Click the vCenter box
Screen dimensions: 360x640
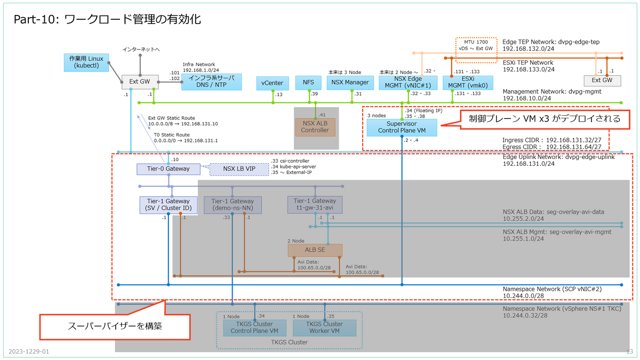coord(273,83)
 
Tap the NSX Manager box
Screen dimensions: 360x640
coord(350,83)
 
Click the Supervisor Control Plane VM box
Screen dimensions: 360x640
coord(402,127)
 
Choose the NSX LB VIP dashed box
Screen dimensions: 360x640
coord(239,169)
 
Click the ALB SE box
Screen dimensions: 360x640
coord(315,250)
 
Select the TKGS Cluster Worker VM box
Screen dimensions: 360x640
coord(325,327)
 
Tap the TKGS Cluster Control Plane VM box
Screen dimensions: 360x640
coord(251,327)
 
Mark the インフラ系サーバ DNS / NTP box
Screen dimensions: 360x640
coord(212,82)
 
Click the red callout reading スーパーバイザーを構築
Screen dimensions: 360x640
coord(116,325)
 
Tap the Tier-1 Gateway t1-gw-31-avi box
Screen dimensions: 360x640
coord(315,204)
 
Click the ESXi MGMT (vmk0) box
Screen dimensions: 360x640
coord(467,82)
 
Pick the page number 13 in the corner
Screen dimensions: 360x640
coord(629,351)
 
